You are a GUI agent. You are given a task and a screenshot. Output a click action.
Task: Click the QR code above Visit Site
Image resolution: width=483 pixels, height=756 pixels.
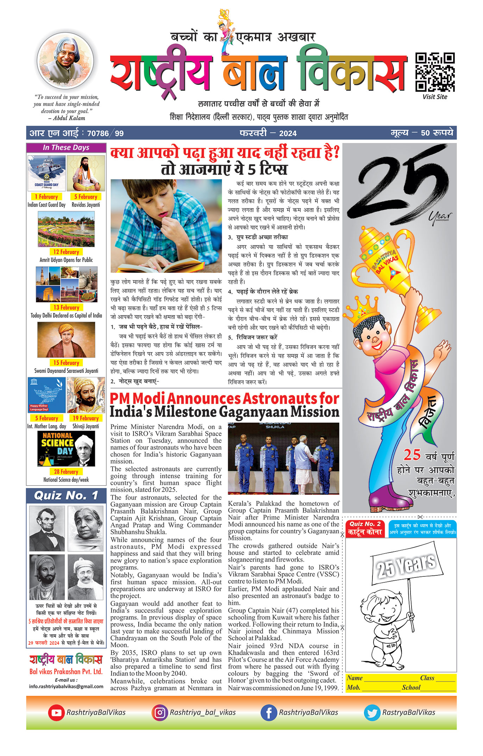435,72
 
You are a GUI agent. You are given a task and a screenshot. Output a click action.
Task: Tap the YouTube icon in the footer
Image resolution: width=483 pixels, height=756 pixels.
56,712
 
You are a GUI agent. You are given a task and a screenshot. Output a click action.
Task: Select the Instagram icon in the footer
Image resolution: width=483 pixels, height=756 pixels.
160,712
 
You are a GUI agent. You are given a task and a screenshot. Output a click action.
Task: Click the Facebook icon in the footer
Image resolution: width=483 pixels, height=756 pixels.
269,712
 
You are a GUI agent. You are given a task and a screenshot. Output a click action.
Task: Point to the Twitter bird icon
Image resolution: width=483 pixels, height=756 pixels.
372,712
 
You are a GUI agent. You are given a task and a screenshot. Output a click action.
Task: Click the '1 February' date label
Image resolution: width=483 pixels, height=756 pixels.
46,197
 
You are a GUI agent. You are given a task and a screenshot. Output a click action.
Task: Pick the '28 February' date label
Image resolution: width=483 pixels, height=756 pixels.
66,471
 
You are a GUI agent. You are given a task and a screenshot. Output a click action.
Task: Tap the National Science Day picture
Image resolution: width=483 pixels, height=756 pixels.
66,449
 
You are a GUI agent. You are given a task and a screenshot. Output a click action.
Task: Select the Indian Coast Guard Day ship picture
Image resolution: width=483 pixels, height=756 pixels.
46,173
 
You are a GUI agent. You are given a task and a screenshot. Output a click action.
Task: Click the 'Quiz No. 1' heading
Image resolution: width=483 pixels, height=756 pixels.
66,496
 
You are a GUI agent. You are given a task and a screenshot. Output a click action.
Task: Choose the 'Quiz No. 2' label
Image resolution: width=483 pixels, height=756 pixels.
365,524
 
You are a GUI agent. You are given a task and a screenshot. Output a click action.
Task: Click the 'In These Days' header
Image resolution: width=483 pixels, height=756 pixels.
66,148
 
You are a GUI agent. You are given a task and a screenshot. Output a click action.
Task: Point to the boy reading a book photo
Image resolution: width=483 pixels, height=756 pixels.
166,226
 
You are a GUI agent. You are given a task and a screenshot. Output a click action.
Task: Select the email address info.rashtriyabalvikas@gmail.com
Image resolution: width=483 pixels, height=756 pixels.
66,686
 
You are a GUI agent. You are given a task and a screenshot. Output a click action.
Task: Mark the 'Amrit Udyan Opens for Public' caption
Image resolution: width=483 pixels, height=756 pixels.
66,260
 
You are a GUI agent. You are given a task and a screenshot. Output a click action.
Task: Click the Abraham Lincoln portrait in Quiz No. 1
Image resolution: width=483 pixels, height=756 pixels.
47,529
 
